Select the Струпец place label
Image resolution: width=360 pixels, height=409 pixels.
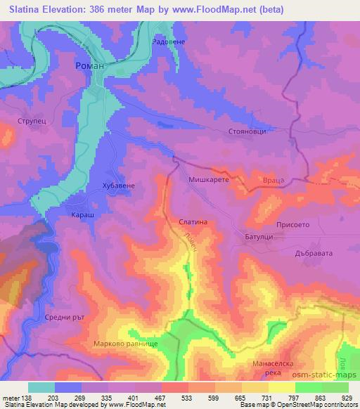32,120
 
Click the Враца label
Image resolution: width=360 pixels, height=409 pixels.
274,181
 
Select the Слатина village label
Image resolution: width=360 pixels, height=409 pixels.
192,222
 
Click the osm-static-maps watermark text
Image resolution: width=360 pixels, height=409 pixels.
328,377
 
